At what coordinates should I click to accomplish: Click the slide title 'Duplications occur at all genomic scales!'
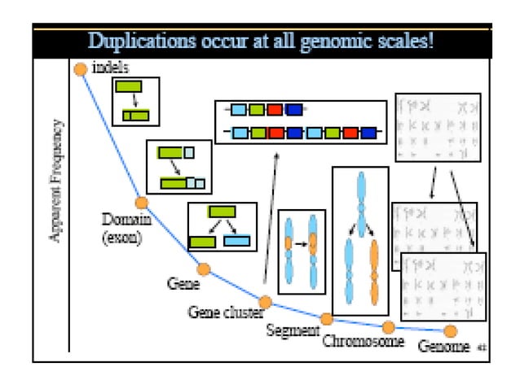[x=260, y=41]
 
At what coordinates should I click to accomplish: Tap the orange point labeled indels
[x=81, y=69]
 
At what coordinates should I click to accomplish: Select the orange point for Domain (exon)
[x=141, y=203]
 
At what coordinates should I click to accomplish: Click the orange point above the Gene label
[x=204, y=269]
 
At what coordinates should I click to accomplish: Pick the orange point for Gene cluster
[x=265, y=301]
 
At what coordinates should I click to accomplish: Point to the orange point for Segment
[x=326, y=318]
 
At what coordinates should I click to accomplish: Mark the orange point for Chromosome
[x=389, y=327]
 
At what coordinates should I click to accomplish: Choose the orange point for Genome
[x=450, y=330]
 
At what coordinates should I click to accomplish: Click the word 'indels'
[x=111, y=68]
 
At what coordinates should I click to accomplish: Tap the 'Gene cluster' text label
[x=225, y=312]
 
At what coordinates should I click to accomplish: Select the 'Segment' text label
[x=292, y=331]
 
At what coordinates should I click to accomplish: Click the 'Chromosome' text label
[x=363, y=341]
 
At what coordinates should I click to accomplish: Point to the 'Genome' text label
[x=443, y=347]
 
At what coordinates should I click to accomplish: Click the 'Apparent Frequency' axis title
[x=56, y=180]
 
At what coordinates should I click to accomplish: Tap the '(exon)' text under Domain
[x=122, y=238]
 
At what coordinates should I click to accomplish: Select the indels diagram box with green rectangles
[x=134, y=101]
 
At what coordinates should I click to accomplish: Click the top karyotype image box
[x=437, y=126]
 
